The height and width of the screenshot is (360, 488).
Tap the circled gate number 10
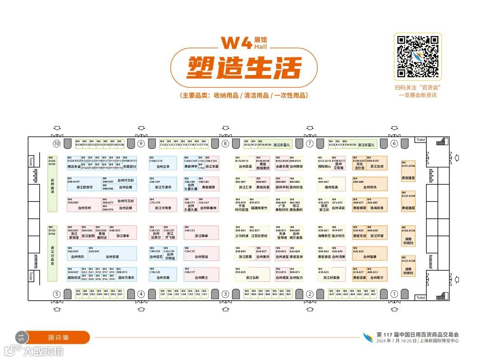coord(56,143)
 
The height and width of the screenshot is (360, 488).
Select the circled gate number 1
coord(394,294)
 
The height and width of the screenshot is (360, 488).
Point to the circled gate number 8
coord(225,143)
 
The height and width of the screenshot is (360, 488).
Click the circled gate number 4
coord(141,294)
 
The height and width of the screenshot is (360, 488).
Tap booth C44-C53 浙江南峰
coord(202,232)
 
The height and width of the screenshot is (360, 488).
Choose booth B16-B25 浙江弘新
coord(252,275)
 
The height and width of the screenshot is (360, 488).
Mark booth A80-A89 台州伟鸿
coord(370,184)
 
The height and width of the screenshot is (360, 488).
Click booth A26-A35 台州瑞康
coord(370,253)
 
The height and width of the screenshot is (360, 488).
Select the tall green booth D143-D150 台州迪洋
coord(52,183)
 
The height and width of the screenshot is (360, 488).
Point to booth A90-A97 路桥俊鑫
coord(331,184)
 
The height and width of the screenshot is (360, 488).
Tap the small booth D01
coord(120,293)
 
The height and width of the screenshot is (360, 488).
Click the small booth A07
coord(332,293)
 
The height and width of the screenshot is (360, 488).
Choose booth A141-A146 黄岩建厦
coord(408,170)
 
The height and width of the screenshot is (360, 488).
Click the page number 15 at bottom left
coord(21,337)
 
